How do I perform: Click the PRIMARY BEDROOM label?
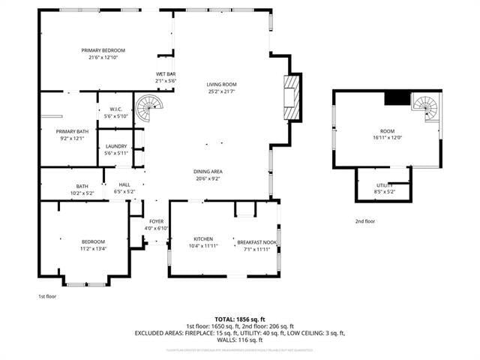click(x=103, y=50)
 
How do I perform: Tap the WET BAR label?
click(x=165, y=73)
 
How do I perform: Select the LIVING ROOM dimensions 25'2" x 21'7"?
click(x=222, y=92)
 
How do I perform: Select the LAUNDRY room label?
click(x=115, y=145)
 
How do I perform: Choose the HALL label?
click(x=124, y=184)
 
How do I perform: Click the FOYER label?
click(x=156, y=221)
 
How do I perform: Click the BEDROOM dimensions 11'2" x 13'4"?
click(x=94, y=248)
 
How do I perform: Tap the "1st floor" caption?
click(x=47, y=296)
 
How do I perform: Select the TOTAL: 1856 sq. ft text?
click(x=239, y=319)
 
